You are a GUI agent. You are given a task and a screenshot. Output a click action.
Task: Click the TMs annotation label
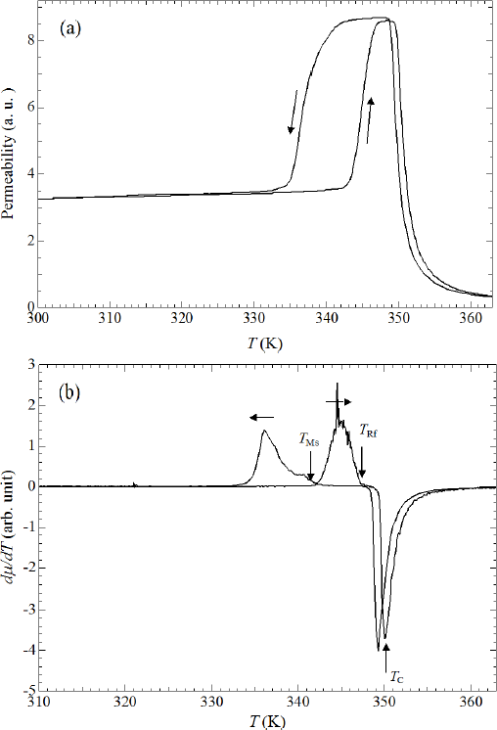click(x=308, y=441)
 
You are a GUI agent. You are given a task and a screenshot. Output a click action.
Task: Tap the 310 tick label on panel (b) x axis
click(x=36, y=702)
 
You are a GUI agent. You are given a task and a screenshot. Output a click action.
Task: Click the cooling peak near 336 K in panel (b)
click(x=264, y=432)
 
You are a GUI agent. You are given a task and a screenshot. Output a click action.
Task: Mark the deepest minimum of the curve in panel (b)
click(x=379, y=649)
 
